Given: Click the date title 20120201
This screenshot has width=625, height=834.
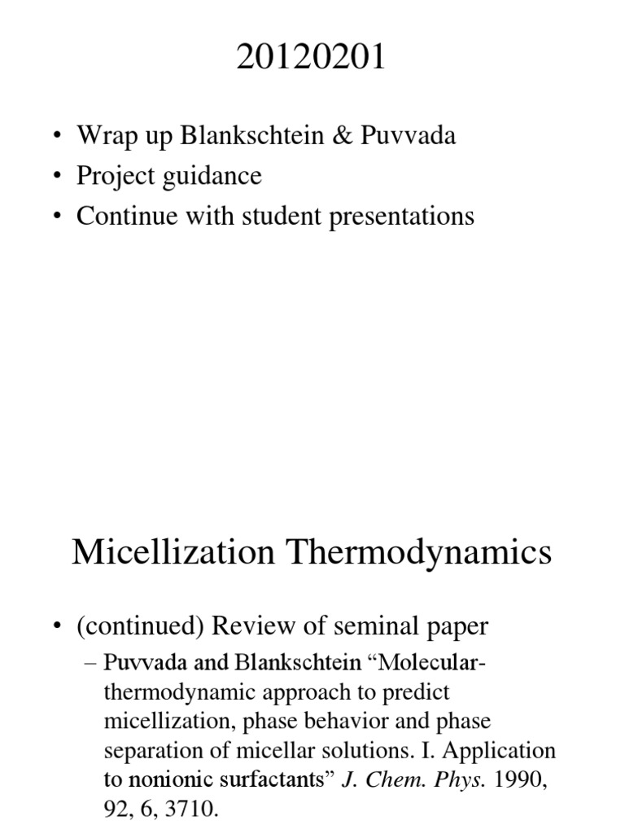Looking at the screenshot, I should (312, 60).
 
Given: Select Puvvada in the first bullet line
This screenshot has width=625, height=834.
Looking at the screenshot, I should (415, 135).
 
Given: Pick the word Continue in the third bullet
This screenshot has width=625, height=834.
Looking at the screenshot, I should (124, 216).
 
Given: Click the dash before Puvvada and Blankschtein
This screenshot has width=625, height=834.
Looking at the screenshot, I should (90, 663).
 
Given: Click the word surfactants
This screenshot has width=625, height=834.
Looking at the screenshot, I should (274, 779).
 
